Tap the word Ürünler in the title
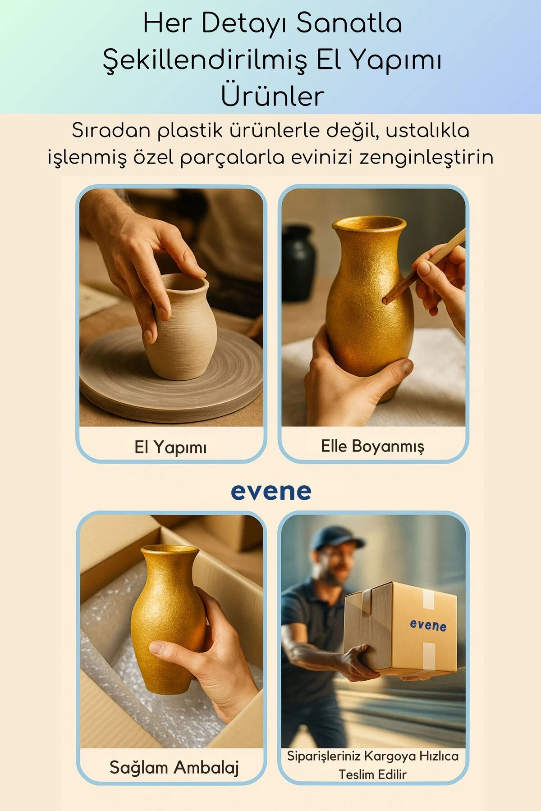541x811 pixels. point(272,96)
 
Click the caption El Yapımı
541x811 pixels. point(170,447)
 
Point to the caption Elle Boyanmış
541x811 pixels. point(372,446)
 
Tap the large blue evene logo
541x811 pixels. point(271,491)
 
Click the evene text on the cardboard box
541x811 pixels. point(428,625)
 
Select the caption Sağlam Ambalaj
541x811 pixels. point(174,767)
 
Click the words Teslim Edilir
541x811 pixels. point(372,775)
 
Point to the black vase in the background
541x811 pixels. point(298,261)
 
